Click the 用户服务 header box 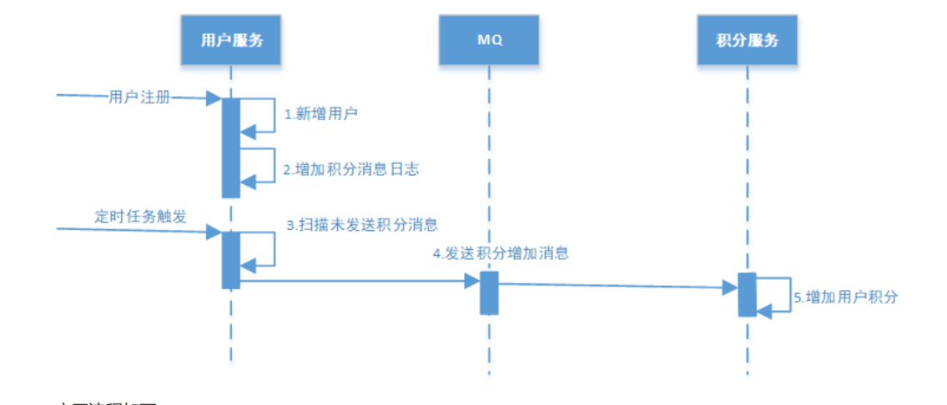pos(231,40)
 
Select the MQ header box pos(489,40)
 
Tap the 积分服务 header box pos(747,40)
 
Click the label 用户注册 pos(139,97)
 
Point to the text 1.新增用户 pos(321,114)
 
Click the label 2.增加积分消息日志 pos(350,169)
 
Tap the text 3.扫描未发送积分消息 pos(363,224)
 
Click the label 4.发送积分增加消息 pos(501,253)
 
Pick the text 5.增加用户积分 pos(845,297)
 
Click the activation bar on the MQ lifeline pos(489,292)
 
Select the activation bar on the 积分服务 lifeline pos(747,294)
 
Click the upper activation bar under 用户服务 pos(231,147)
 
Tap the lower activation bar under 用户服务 pos(231,259)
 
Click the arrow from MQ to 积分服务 pos(617,285)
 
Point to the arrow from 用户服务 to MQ pos(359,282)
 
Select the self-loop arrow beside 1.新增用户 pos(274,115)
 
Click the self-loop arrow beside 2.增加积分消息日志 pos(274,165)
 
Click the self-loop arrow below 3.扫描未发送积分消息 pos(274,248)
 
